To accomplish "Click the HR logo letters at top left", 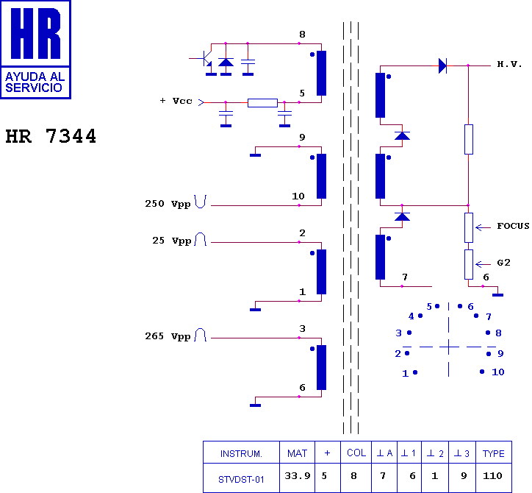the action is tap(35, 33).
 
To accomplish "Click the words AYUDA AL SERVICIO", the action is tap(35, 82).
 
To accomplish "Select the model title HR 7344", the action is tap(51, 136).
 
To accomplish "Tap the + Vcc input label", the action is tap(176, 101).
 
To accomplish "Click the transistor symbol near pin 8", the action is tap(204, 58).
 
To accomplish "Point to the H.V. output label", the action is tap(509, 64).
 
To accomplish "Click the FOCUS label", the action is tap(513, 226).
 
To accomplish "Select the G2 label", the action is tap(503, 263).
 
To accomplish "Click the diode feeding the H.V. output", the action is tap(442, 65).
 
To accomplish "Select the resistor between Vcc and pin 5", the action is tap(262, 102).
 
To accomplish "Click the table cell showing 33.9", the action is tap(297, 476).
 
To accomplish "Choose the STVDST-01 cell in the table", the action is tap(241, 480).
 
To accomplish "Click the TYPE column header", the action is tap(493, 453).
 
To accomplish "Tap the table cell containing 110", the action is tap(492, 475).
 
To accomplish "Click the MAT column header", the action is tap(297, 453).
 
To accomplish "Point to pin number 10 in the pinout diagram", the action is tap(497, 372).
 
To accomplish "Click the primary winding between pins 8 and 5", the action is tap(321, 73).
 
